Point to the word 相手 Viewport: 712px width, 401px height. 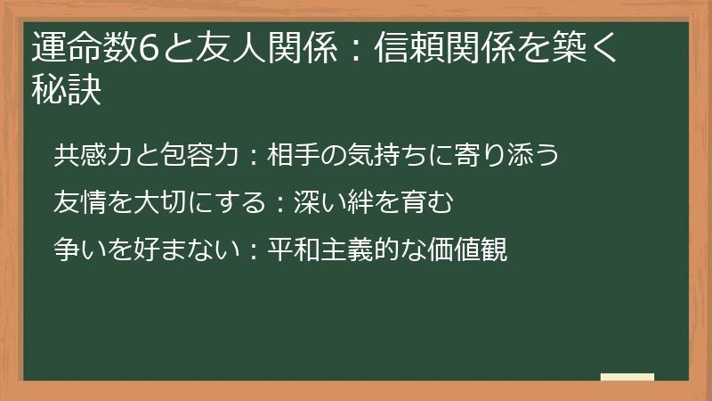click(x=292, y=155)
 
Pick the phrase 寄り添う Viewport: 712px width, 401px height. click(x=508, y=155)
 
